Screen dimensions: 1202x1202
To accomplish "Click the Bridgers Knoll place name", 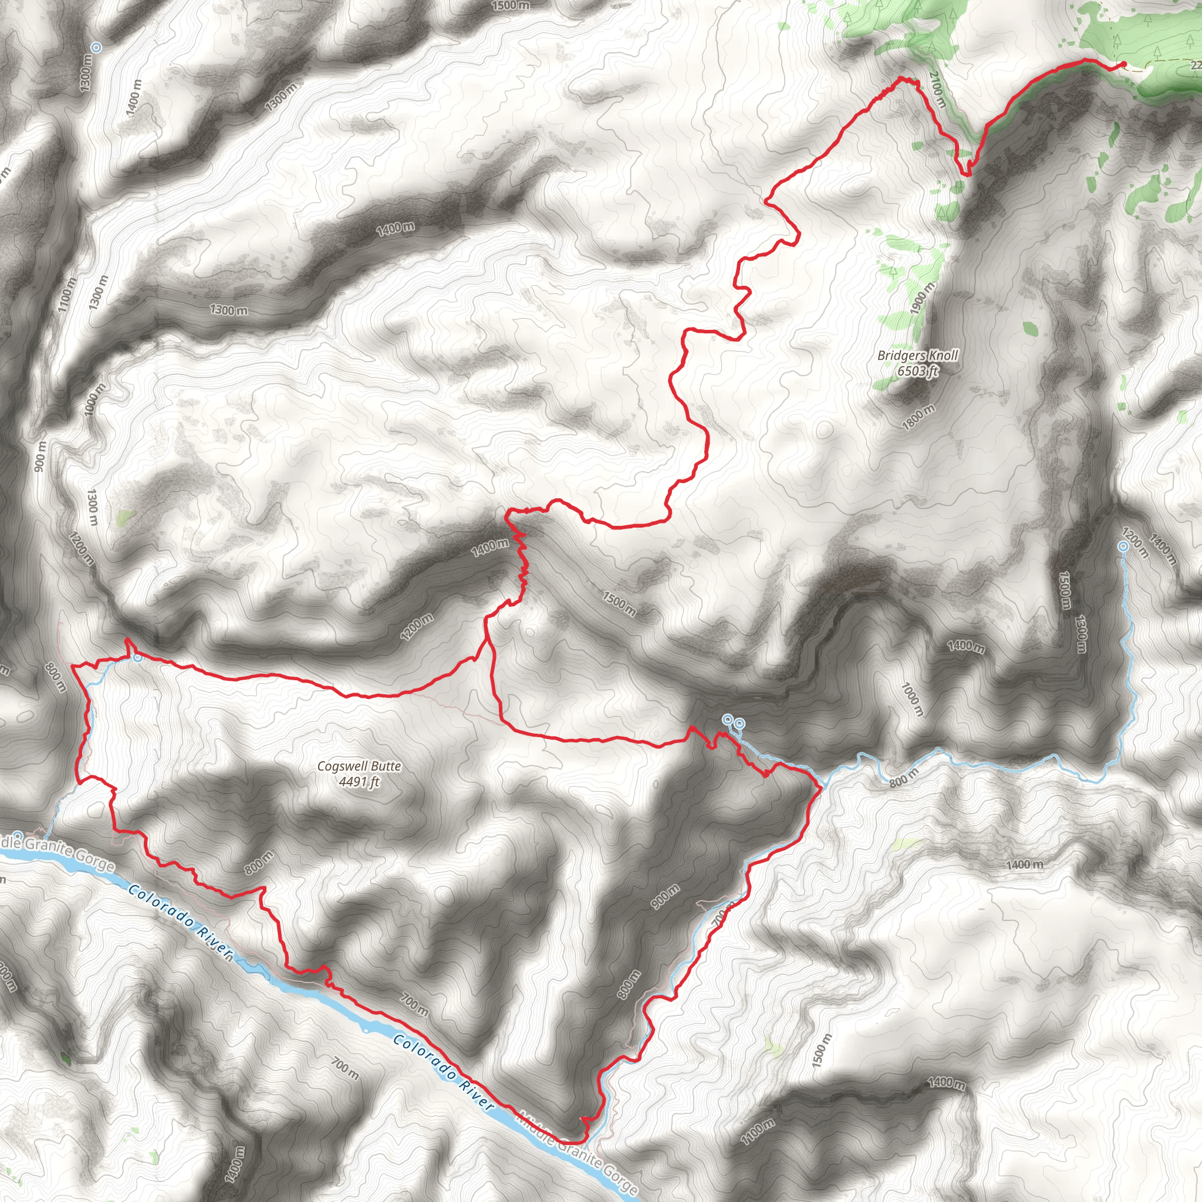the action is [x=918, y=355].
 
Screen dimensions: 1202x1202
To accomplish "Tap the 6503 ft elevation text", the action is [x=918, y=371].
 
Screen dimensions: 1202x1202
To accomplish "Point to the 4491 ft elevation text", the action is [x=359, y=781].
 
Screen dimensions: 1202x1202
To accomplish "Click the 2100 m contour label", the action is [x=937, y=89].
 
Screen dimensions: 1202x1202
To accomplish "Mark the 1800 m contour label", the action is [x=919, y=417].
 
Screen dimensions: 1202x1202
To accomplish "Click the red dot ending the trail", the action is [x=1123, y=64].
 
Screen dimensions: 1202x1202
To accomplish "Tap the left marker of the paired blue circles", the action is [x=727, y=719].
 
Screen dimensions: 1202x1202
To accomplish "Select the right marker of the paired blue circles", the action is [x=739, y=723].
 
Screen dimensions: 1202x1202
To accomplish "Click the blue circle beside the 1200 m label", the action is [x=1123, y=546].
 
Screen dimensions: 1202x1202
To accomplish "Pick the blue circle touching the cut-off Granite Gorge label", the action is [x=18, y=835].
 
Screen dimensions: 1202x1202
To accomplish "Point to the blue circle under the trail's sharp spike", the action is [x=137, y=657].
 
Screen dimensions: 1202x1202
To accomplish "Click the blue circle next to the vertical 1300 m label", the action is [x=96, y=47].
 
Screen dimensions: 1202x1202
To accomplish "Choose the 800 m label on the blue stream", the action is [x=903, y=778].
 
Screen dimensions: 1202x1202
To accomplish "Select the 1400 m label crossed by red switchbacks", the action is [x=490, y=547].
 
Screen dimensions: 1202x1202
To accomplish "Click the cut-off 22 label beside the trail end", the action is [x=1195, y=65].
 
